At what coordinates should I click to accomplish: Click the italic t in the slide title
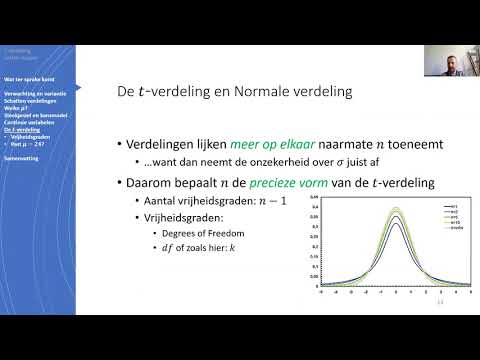point(147,94)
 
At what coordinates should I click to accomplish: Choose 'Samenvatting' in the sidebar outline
point(21,158)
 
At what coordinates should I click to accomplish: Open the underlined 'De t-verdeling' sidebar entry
point(21,130)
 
